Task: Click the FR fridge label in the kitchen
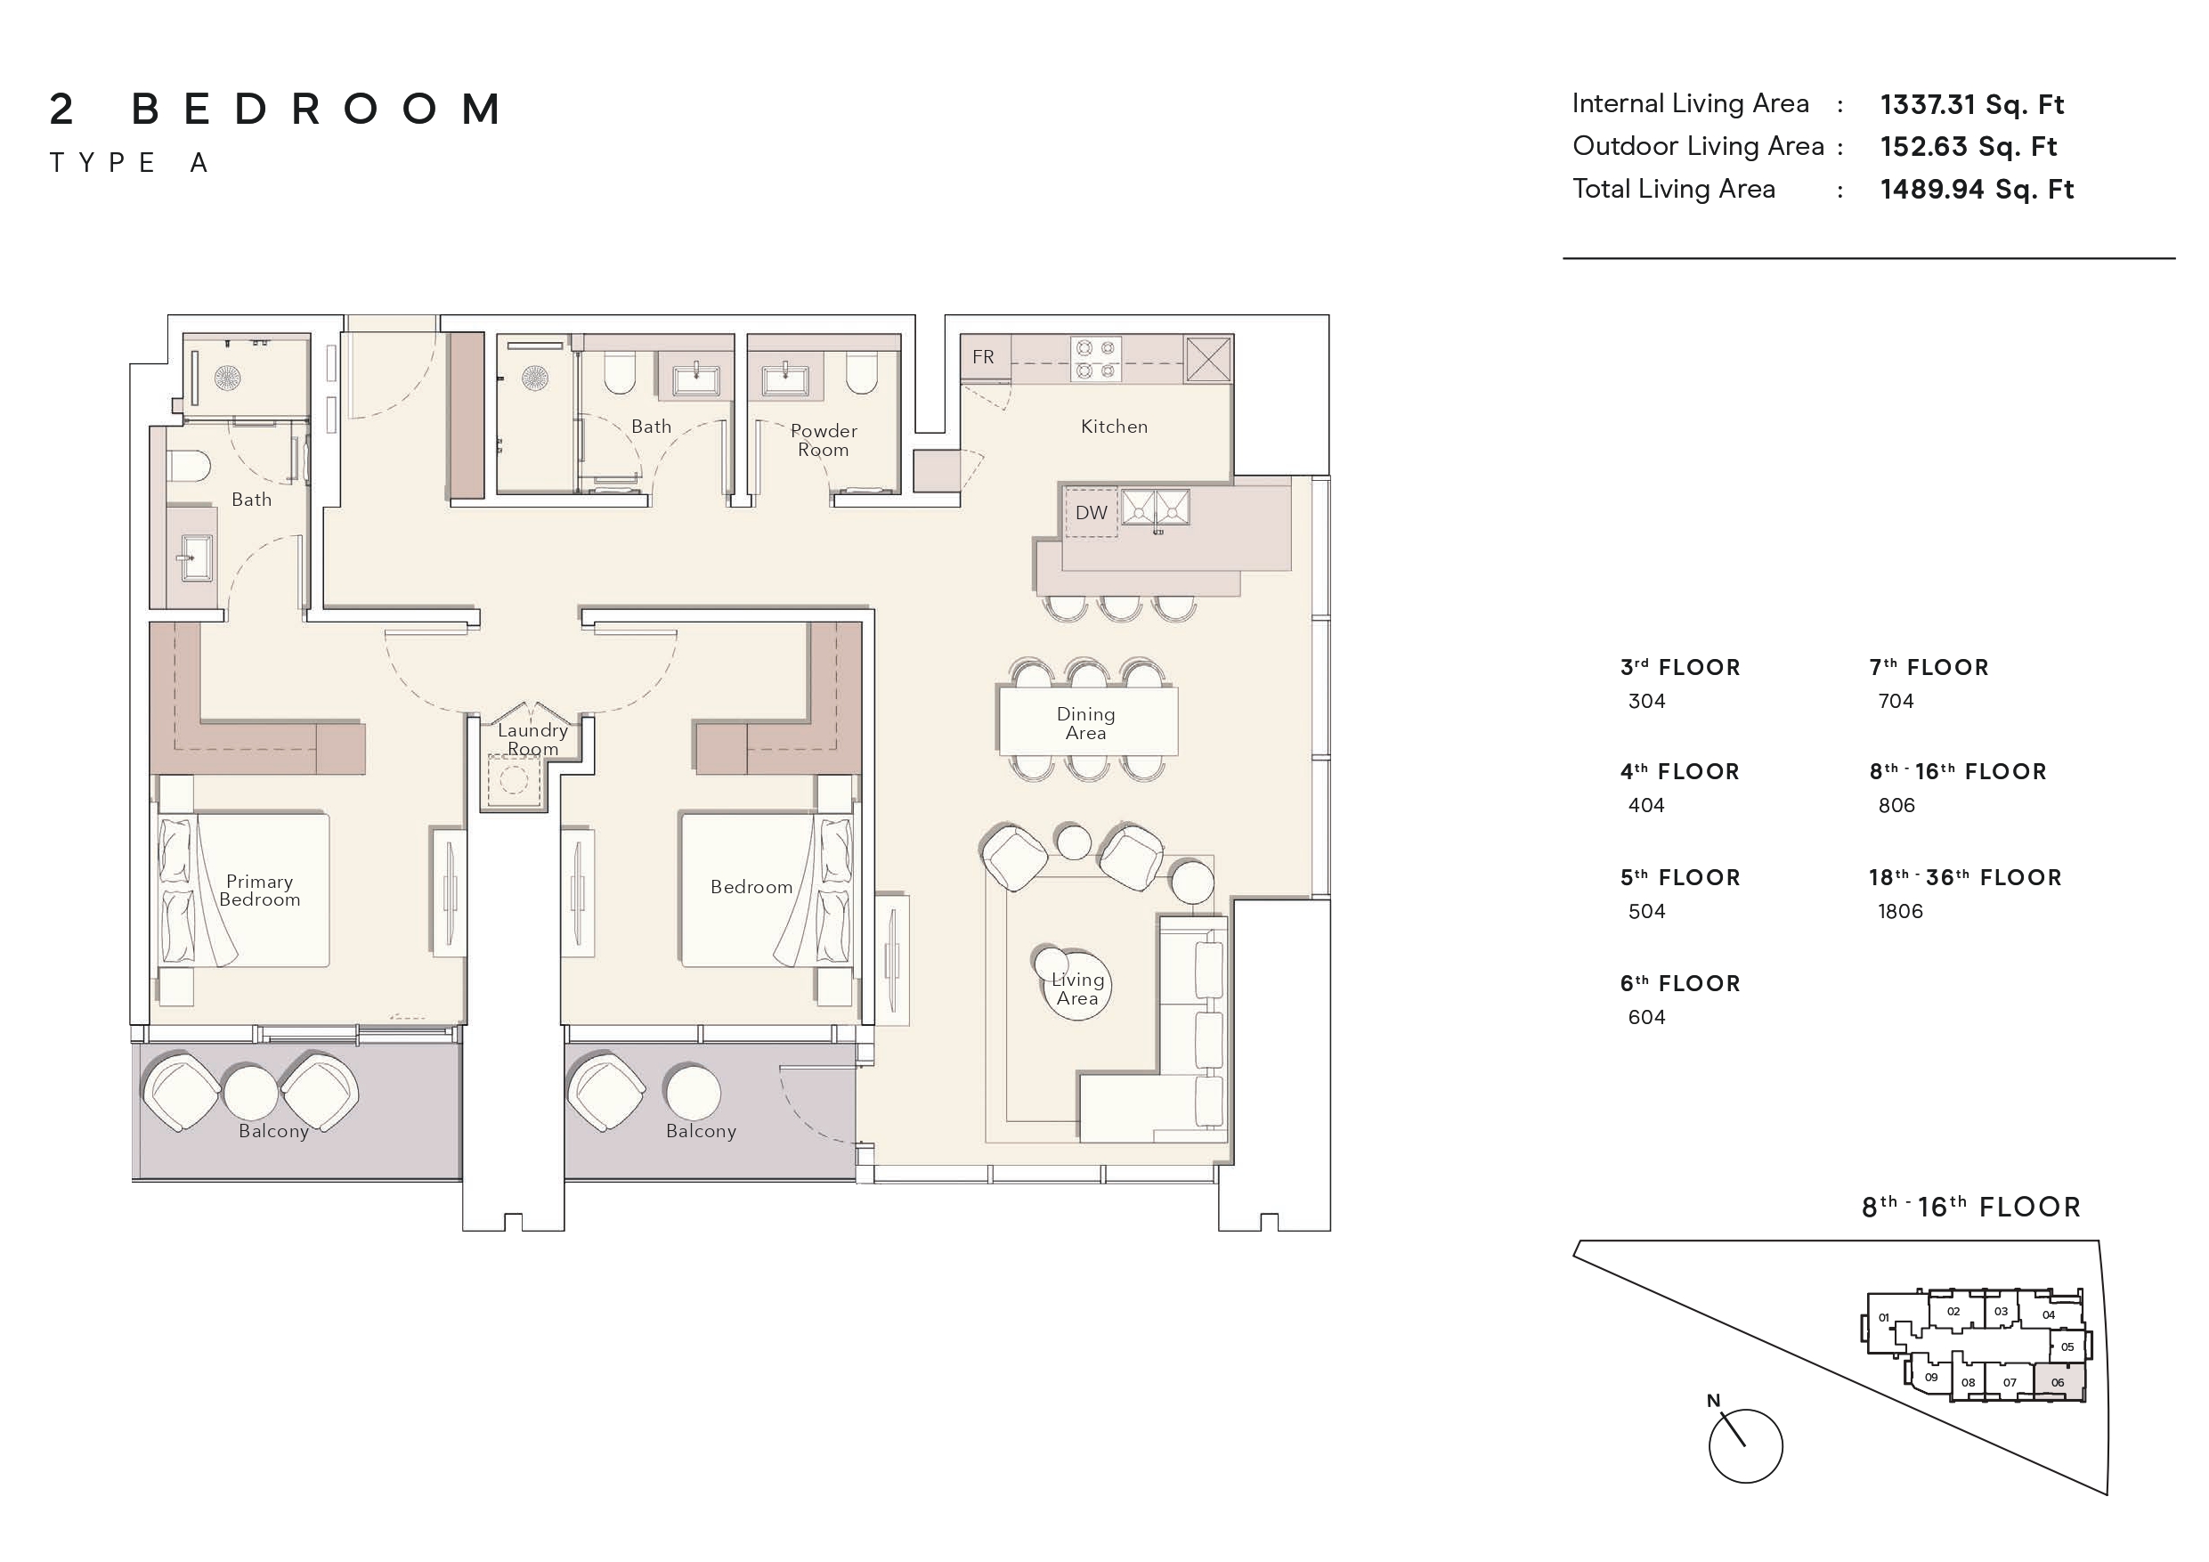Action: [982, 357]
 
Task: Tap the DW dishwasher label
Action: [1090, 513]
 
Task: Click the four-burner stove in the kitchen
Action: [1095, 359]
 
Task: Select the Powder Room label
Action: [824, 440]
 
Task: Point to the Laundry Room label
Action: [532, 739]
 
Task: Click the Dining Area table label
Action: [1085, 724]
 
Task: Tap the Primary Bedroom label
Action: [260, 891]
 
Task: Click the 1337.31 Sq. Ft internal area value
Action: [1971, 104]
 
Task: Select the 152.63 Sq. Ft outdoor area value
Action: [1968, 146]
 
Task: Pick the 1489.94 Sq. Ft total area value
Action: [1977, 189]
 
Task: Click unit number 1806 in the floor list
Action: [1899, 911]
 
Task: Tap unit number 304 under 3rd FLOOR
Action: [1646, 702]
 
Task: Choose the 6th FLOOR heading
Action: [1680, 983]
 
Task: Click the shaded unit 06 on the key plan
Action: [2057, 1382]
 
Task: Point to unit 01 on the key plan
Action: [1884, 1317]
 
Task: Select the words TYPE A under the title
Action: [129, 163]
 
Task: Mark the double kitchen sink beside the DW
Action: [1156, 508]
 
